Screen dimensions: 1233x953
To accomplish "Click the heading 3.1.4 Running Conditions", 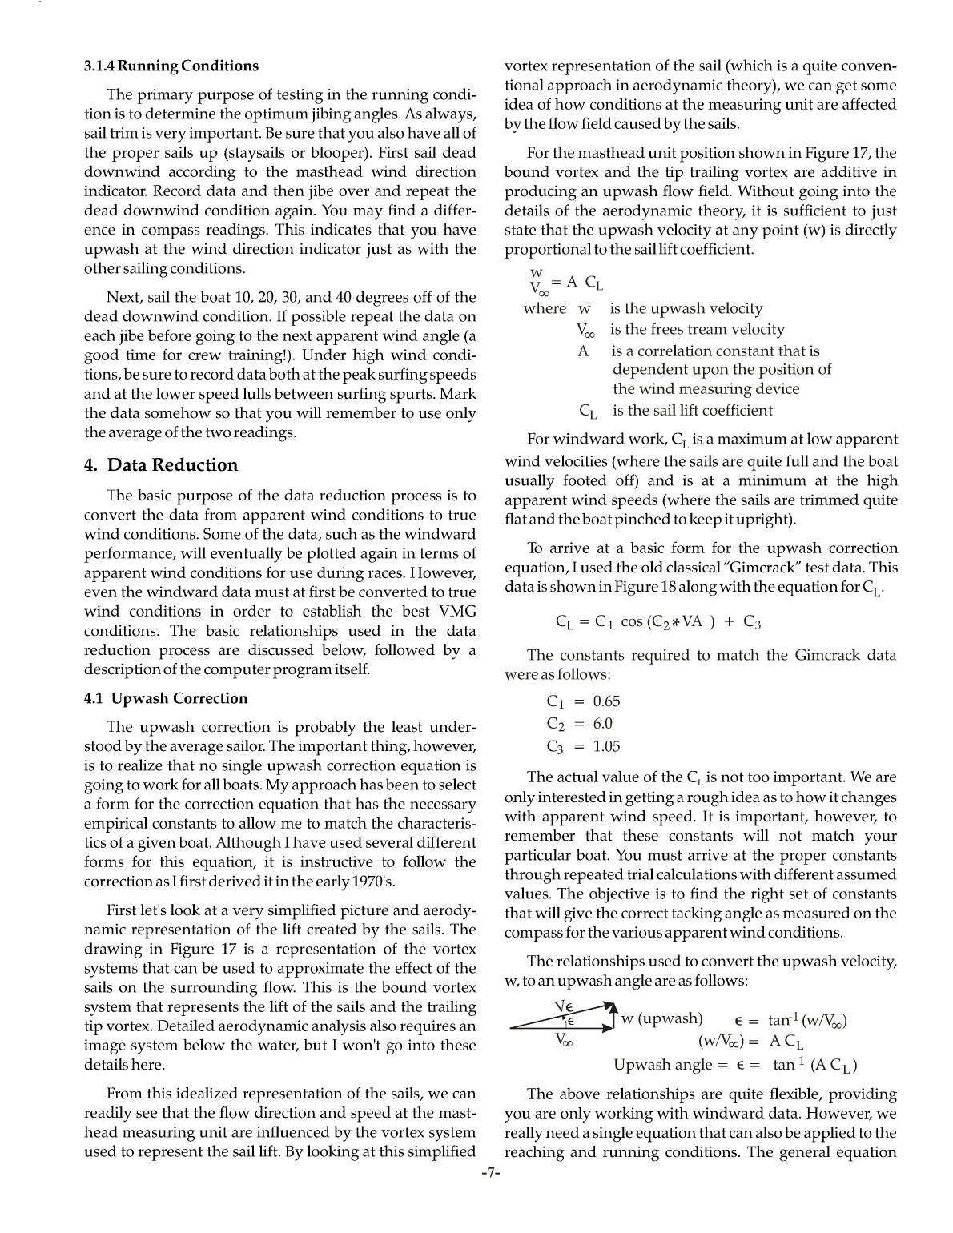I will point(171,66).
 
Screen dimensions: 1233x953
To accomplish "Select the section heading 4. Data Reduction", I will point(161,465).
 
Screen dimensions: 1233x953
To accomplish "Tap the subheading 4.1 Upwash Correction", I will point(166,698).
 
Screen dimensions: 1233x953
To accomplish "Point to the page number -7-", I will point(490,1174).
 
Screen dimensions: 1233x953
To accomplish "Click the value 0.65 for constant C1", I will point(606,701).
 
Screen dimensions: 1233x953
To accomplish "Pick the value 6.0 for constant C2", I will point(602,724).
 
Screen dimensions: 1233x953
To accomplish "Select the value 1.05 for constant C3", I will point(606,746).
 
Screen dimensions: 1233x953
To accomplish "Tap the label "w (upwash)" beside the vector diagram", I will point(661,1018).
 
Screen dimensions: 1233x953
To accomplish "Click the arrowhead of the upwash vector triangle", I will point(613,1006).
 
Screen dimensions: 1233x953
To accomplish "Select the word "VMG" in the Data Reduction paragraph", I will point(458,612).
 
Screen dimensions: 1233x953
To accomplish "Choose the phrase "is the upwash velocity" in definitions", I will point(686,308).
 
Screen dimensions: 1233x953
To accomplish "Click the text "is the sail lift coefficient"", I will point(693,411).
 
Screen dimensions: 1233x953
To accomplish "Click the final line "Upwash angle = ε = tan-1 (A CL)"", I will point(735,1065).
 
